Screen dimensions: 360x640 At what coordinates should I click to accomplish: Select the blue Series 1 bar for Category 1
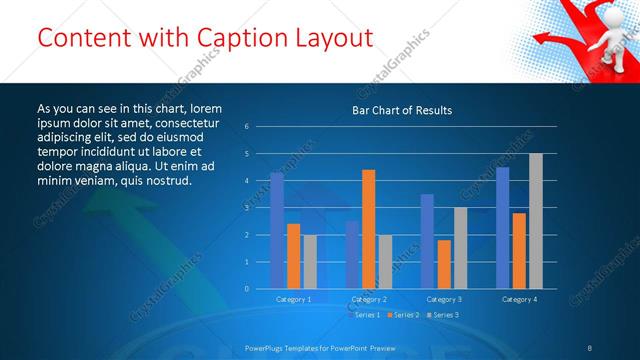[x=277, y=230]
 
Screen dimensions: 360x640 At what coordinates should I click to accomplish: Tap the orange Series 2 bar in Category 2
[x=368, y=229]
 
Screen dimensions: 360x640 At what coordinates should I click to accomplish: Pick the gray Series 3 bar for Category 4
[x=535, y=221]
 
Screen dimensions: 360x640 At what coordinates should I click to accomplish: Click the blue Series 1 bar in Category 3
[x=427, y=241]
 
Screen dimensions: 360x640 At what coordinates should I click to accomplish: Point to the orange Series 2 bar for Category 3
[x=443, y=264]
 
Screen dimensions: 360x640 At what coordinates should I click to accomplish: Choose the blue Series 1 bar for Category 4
[x=502, y=227]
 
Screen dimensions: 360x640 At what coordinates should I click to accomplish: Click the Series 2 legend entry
[x=405, y=315]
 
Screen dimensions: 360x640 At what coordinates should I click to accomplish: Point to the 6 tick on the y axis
[x=246, y=127]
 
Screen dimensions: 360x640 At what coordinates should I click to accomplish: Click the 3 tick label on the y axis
[x=246, y=208]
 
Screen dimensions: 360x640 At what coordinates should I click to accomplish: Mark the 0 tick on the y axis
[x=246, y=289]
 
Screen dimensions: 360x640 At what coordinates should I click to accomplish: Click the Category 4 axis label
[x=519, y=299]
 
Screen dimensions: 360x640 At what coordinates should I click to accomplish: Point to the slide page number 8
[x=589, y=347]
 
